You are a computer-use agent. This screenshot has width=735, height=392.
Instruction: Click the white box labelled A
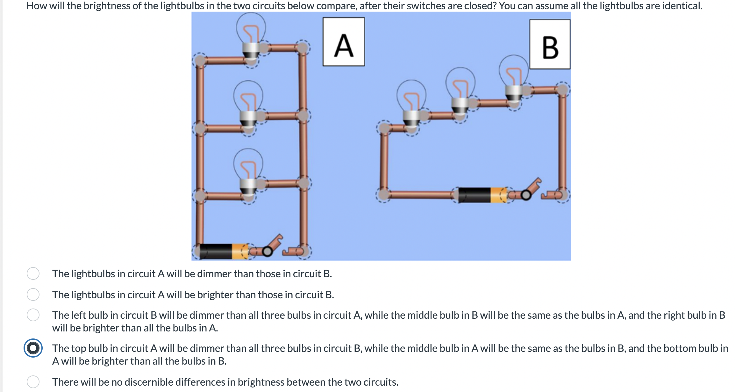point(344,42)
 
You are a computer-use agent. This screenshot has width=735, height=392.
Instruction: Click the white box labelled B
point(550,44)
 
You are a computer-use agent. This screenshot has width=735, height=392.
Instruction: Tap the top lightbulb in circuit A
point(251,35)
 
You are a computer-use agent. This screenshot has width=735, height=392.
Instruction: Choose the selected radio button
point(33,348)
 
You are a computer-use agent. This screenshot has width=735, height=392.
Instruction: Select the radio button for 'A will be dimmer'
point(33,273)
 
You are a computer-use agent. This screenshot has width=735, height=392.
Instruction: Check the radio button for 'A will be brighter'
point(33,294)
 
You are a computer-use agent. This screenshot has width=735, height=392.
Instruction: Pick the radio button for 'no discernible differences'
point(33,382)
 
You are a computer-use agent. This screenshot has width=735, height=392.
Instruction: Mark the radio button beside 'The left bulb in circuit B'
point(33,315)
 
